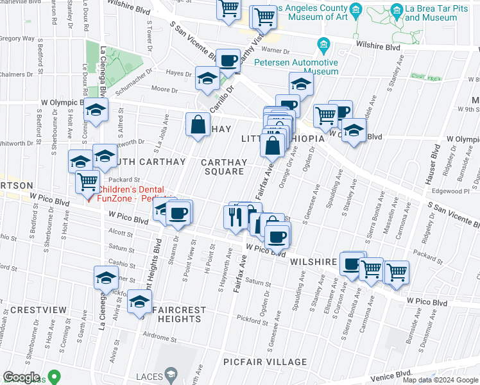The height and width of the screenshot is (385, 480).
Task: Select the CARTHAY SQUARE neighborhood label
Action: click(x=223, y=167)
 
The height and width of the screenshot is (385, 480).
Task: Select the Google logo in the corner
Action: click(x=22, y=377)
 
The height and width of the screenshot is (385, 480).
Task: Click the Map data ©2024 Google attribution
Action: click(x=440, y=380)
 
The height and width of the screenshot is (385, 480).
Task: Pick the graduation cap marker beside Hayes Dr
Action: click(x=207, y=78)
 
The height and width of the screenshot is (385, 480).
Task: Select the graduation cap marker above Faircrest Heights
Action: click(x=139, y=302)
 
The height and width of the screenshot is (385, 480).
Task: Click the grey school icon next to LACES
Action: click(x=171, y=373)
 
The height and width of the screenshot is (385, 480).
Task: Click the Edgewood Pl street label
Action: click(x=455, y=191)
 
